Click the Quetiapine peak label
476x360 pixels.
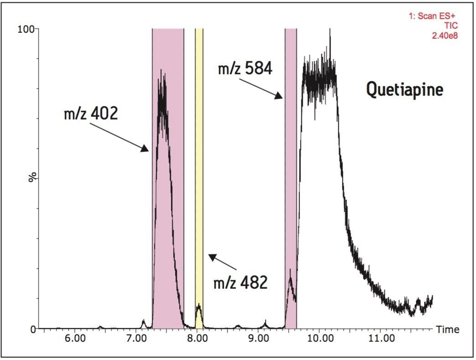404,89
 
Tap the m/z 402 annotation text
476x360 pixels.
91,113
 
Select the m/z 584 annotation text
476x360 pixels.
245,69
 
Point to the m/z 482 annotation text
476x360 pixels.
240,283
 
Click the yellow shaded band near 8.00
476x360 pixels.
199,183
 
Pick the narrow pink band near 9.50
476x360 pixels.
290,183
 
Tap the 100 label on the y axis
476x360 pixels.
26,29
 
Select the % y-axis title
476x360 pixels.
32,178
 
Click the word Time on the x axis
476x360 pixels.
448,329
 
